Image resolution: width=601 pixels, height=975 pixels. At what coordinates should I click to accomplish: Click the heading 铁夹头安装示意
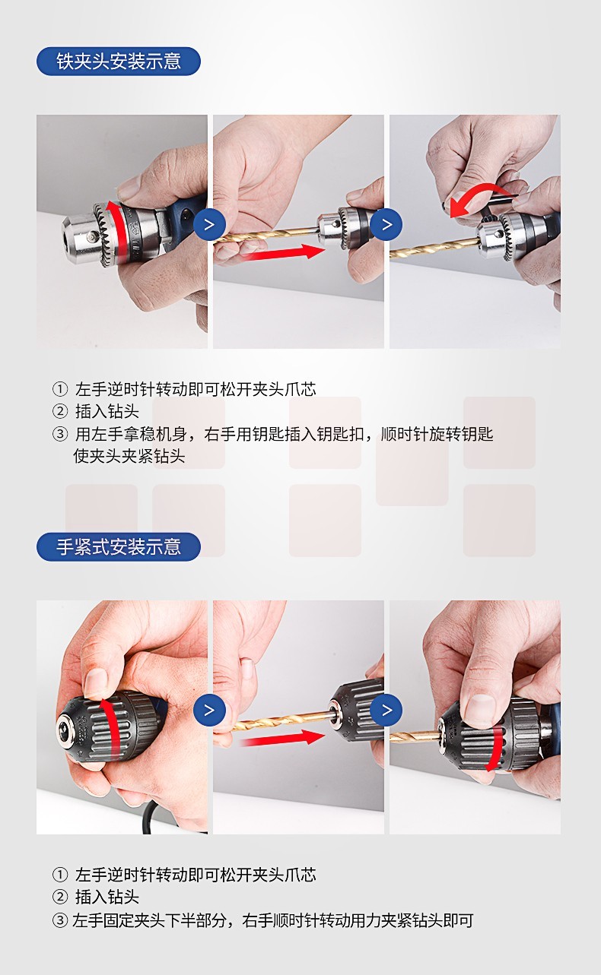118,62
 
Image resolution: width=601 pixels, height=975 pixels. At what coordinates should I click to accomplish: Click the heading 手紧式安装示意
118,546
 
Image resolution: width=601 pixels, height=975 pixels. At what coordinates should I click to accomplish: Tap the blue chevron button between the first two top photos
210,224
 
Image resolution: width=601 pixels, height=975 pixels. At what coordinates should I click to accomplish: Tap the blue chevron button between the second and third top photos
386,224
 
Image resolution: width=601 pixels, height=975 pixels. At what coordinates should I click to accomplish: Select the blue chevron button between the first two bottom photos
210,710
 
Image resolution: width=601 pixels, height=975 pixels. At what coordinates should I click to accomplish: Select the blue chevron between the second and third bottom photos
386,710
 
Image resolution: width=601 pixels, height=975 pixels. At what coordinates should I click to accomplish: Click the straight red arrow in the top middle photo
282,253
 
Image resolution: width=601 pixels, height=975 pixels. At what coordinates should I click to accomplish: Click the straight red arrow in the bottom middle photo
282,739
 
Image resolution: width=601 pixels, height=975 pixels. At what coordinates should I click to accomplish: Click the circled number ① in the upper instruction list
59,388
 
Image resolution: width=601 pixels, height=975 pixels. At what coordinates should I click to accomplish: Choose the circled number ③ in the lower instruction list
59,920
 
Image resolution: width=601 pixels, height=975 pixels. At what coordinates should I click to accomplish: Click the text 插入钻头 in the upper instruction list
107,411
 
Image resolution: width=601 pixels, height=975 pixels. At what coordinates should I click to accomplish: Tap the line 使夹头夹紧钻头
129,456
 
